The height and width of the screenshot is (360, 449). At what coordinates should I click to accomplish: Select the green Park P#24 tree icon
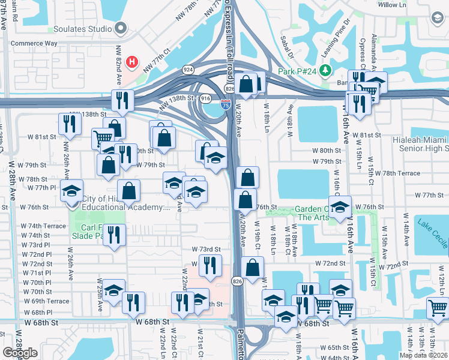pos(325,71)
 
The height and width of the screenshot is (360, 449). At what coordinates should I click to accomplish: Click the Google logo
pos(20,353)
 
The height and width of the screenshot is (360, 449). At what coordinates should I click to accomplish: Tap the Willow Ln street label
pos(393,5)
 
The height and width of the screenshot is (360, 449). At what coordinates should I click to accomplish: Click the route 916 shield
pos(205,98)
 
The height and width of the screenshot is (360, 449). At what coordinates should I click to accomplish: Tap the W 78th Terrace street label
pos(397,173)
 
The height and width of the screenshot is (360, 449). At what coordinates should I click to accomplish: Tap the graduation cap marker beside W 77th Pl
pos(72,191)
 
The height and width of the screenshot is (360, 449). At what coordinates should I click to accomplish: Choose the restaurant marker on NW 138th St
pos(122,101)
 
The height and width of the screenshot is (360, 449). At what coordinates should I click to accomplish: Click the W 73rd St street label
pos(206,249)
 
